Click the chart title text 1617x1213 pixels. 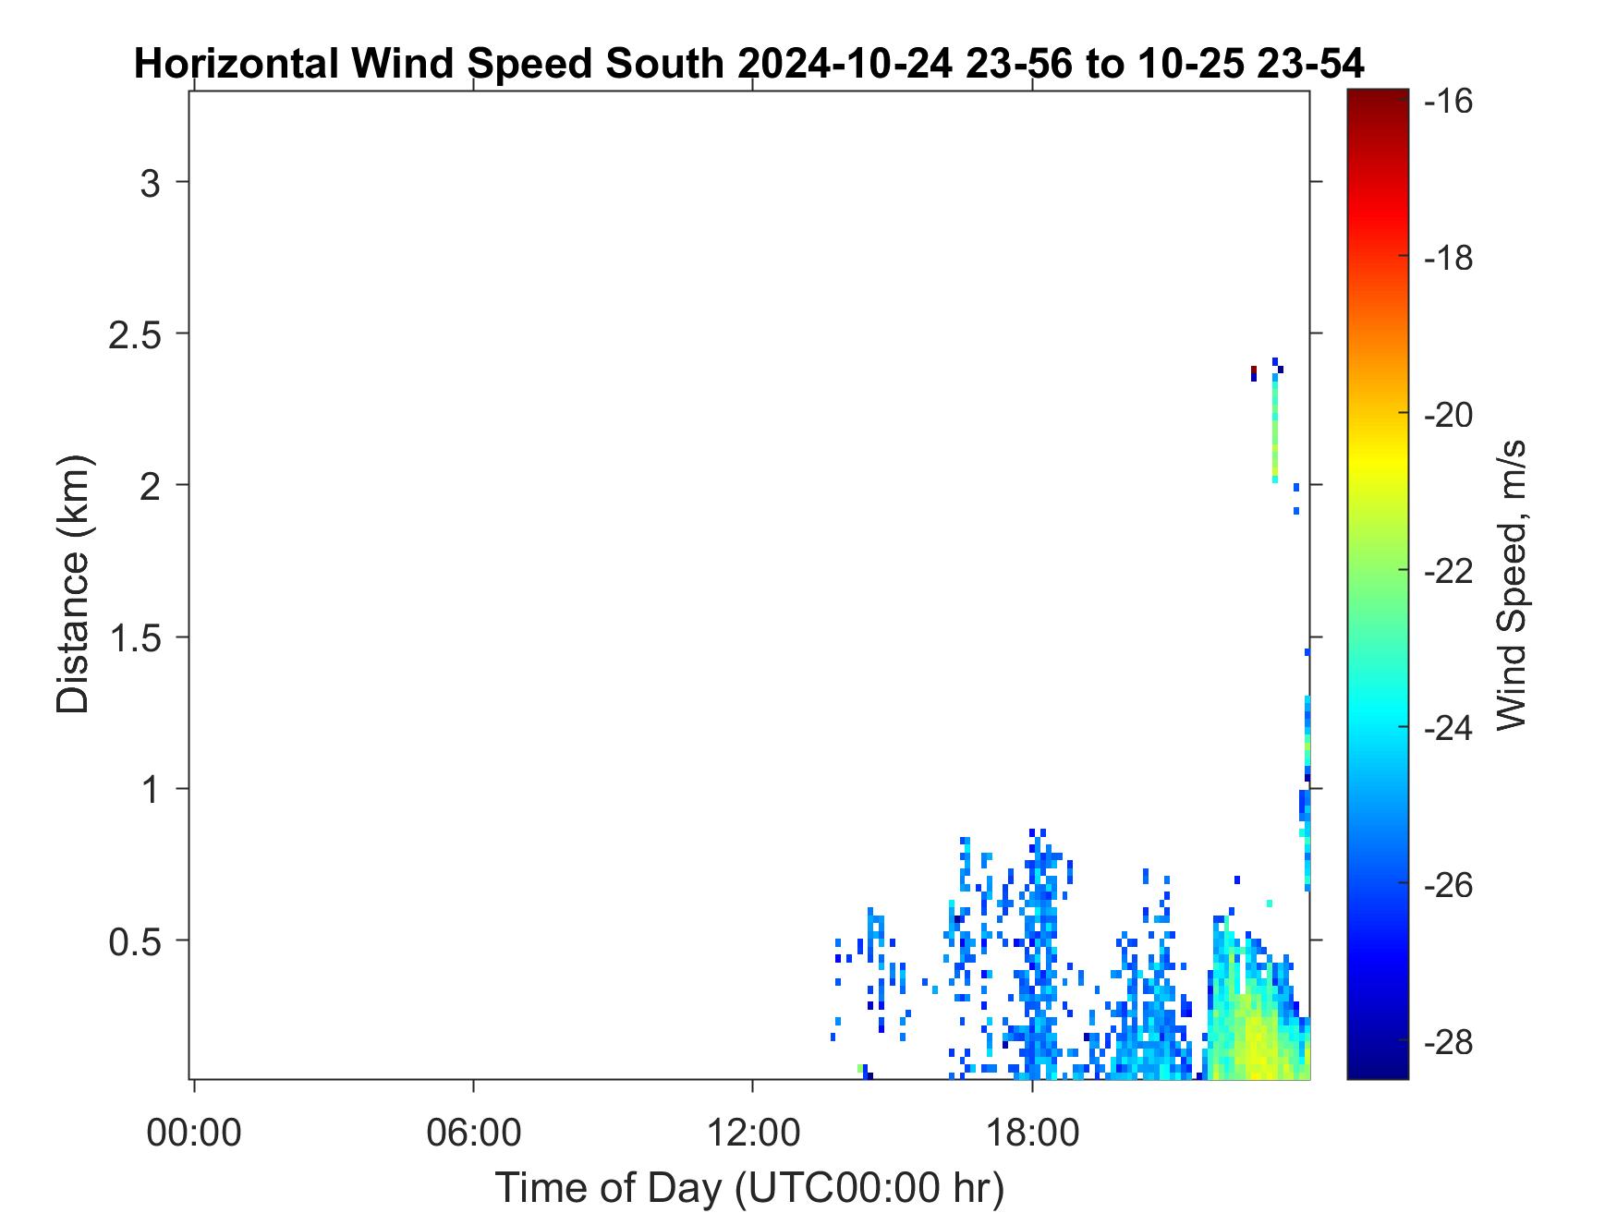click(x=749, y=64)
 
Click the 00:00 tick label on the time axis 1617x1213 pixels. click(x=194, y=1132)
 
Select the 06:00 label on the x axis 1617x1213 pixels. click(x=474, y=1132)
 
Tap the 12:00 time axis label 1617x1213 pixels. click(x=753, y=1132)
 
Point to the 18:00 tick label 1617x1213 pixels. click(x=1032, y=1132)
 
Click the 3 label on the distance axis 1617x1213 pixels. click(x=151, y=183)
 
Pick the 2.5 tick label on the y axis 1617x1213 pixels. click(x=135, y=334)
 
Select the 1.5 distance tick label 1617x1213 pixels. click(x=135, y=638)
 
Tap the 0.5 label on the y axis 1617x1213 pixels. click(x=135, y=942)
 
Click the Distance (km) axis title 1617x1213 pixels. click(x=73, y=584)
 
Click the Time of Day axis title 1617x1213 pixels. click(x=749, y=1187)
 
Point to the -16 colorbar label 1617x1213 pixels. click(x=1449, y=101)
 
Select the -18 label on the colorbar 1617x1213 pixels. click(x=1449, y=258)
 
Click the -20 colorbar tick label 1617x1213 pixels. click(x=1449, y=415)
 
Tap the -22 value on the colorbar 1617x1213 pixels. click(x=1449, y=572)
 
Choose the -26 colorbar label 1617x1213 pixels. click(x=1449, y=885)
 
